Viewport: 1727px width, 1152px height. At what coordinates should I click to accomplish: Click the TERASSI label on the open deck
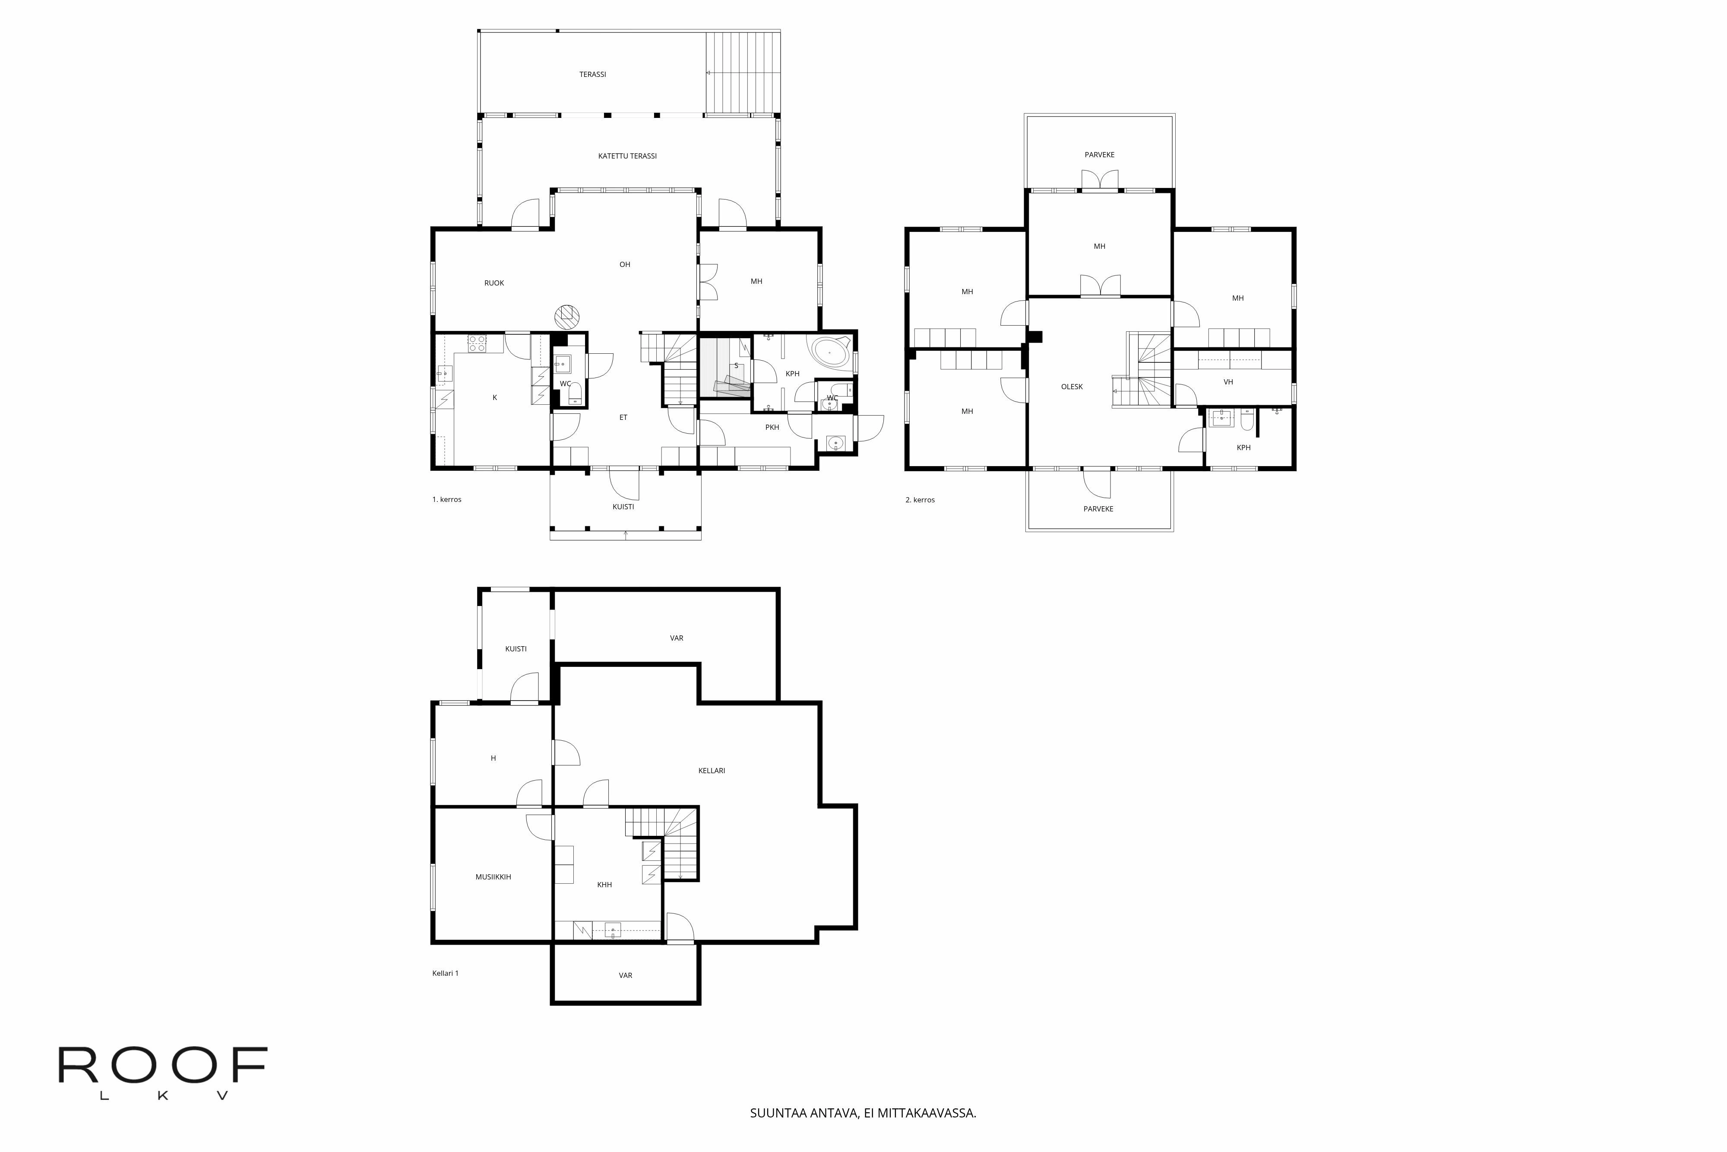592,74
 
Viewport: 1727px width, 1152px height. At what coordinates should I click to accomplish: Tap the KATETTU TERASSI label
627,156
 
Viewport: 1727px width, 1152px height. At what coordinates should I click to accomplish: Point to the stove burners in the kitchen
477,343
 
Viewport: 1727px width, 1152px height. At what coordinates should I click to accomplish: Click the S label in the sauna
736,365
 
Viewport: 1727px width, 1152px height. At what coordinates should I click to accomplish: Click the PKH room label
772,427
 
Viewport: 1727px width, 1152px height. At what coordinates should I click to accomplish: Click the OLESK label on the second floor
1071,387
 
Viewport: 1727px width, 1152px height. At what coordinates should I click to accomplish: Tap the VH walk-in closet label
1228,381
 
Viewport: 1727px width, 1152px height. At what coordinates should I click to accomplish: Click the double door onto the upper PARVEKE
1099,181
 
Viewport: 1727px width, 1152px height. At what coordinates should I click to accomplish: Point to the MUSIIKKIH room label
493,876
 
